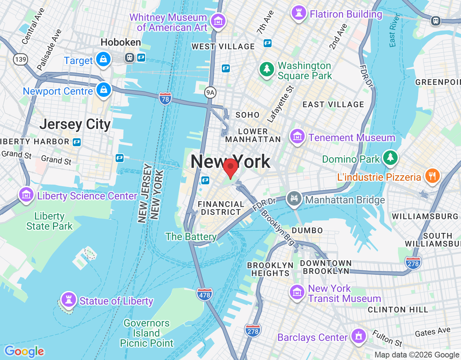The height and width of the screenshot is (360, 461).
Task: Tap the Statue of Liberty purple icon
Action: (68, 299)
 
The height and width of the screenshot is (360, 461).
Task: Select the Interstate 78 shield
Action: (165, 98)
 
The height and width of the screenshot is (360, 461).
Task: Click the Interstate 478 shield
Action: (205, 294)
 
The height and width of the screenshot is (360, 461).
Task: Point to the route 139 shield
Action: (21, 59)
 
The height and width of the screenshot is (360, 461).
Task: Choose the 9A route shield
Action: (210, 93)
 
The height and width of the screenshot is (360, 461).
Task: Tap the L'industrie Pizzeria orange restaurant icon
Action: (432, 176)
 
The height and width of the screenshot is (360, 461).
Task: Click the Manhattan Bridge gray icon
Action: (294, 198)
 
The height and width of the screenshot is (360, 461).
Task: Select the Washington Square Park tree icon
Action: (267, 68)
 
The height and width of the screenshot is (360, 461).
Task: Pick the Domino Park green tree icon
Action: (390, 157)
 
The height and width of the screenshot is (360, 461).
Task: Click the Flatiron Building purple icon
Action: (299, 13)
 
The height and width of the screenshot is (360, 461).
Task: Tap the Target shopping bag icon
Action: (103, 59)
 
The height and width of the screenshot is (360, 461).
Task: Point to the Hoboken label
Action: (121, 42)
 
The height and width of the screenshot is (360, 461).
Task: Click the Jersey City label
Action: (75, 124)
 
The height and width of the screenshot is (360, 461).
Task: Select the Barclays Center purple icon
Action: (358, 336)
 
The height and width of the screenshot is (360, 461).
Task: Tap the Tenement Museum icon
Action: (297, 136)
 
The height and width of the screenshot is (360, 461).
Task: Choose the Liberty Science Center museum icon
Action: (26, 195)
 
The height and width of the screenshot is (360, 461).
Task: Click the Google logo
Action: (24, 351)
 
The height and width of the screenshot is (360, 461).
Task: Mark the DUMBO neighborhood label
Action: (307, 230)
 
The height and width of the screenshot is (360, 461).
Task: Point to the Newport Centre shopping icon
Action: (104, 90)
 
